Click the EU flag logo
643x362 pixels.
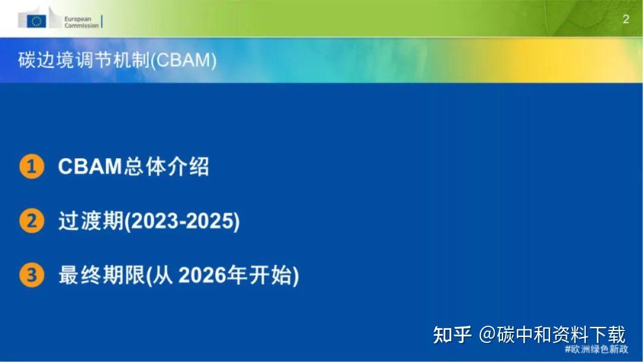click(37, 21)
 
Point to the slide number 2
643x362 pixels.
click(626, 19)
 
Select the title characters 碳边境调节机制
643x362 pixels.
click(83, 61)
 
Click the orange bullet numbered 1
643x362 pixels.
click(32, 167)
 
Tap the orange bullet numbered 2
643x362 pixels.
click(32, 221)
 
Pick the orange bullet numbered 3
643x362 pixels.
click(32, 276)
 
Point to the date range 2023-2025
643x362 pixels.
click(182, 221)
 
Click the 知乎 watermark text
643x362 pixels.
click(452, 335)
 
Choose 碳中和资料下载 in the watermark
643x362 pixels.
click(561, 335)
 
